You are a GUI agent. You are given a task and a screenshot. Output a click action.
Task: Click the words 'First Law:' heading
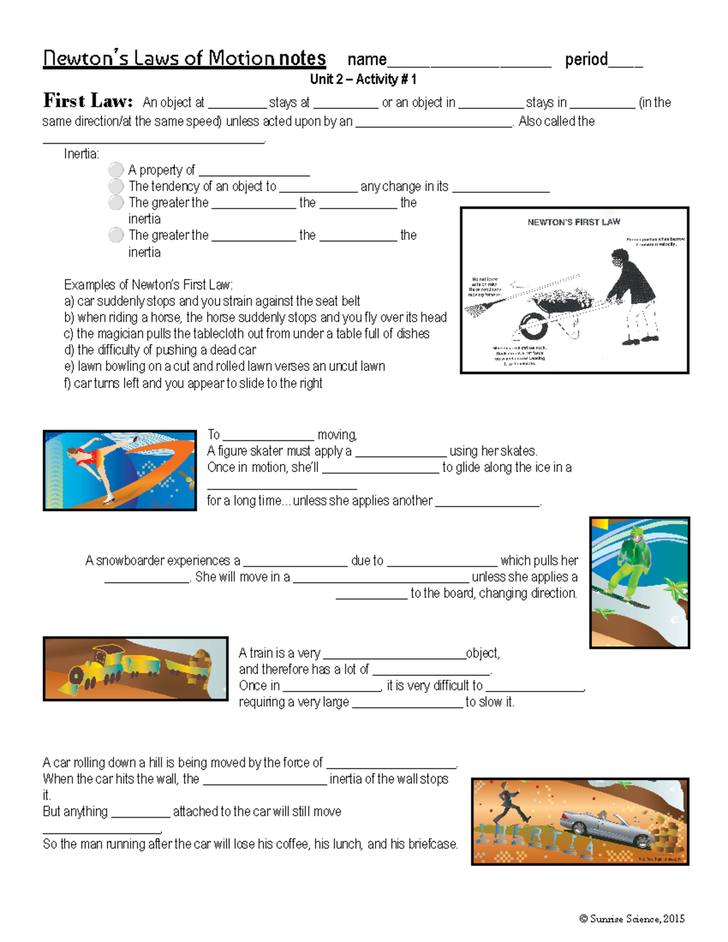pyautogui.click(x=87, y=101)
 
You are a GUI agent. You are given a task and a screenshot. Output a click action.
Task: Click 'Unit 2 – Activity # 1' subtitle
pyautogui.click(x=363, y=79)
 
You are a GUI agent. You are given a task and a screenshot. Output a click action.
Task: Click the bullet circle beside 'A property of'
pyautogui.click(x=116, y=170)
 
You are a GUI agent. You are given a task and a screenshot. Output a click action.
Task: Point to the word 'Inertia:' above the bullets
pyautogui.click(x=82, y=154)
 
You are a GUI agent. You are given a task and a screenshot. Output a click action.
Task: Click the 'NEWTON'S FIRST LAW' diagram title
pyautogui.click(x=573, y=222)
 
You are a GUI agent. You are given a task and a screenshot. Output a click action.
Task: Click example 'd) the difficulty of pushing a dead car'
pyautogui.click(x=160, y=350)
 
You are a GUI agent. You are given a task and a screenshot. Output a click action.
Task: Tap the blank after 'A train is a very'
pyautogui.click(x=394, y=654)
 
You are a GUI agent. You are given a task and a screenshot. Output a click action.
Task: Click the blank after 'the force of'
pyautogui.click(x=391, y=764)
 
